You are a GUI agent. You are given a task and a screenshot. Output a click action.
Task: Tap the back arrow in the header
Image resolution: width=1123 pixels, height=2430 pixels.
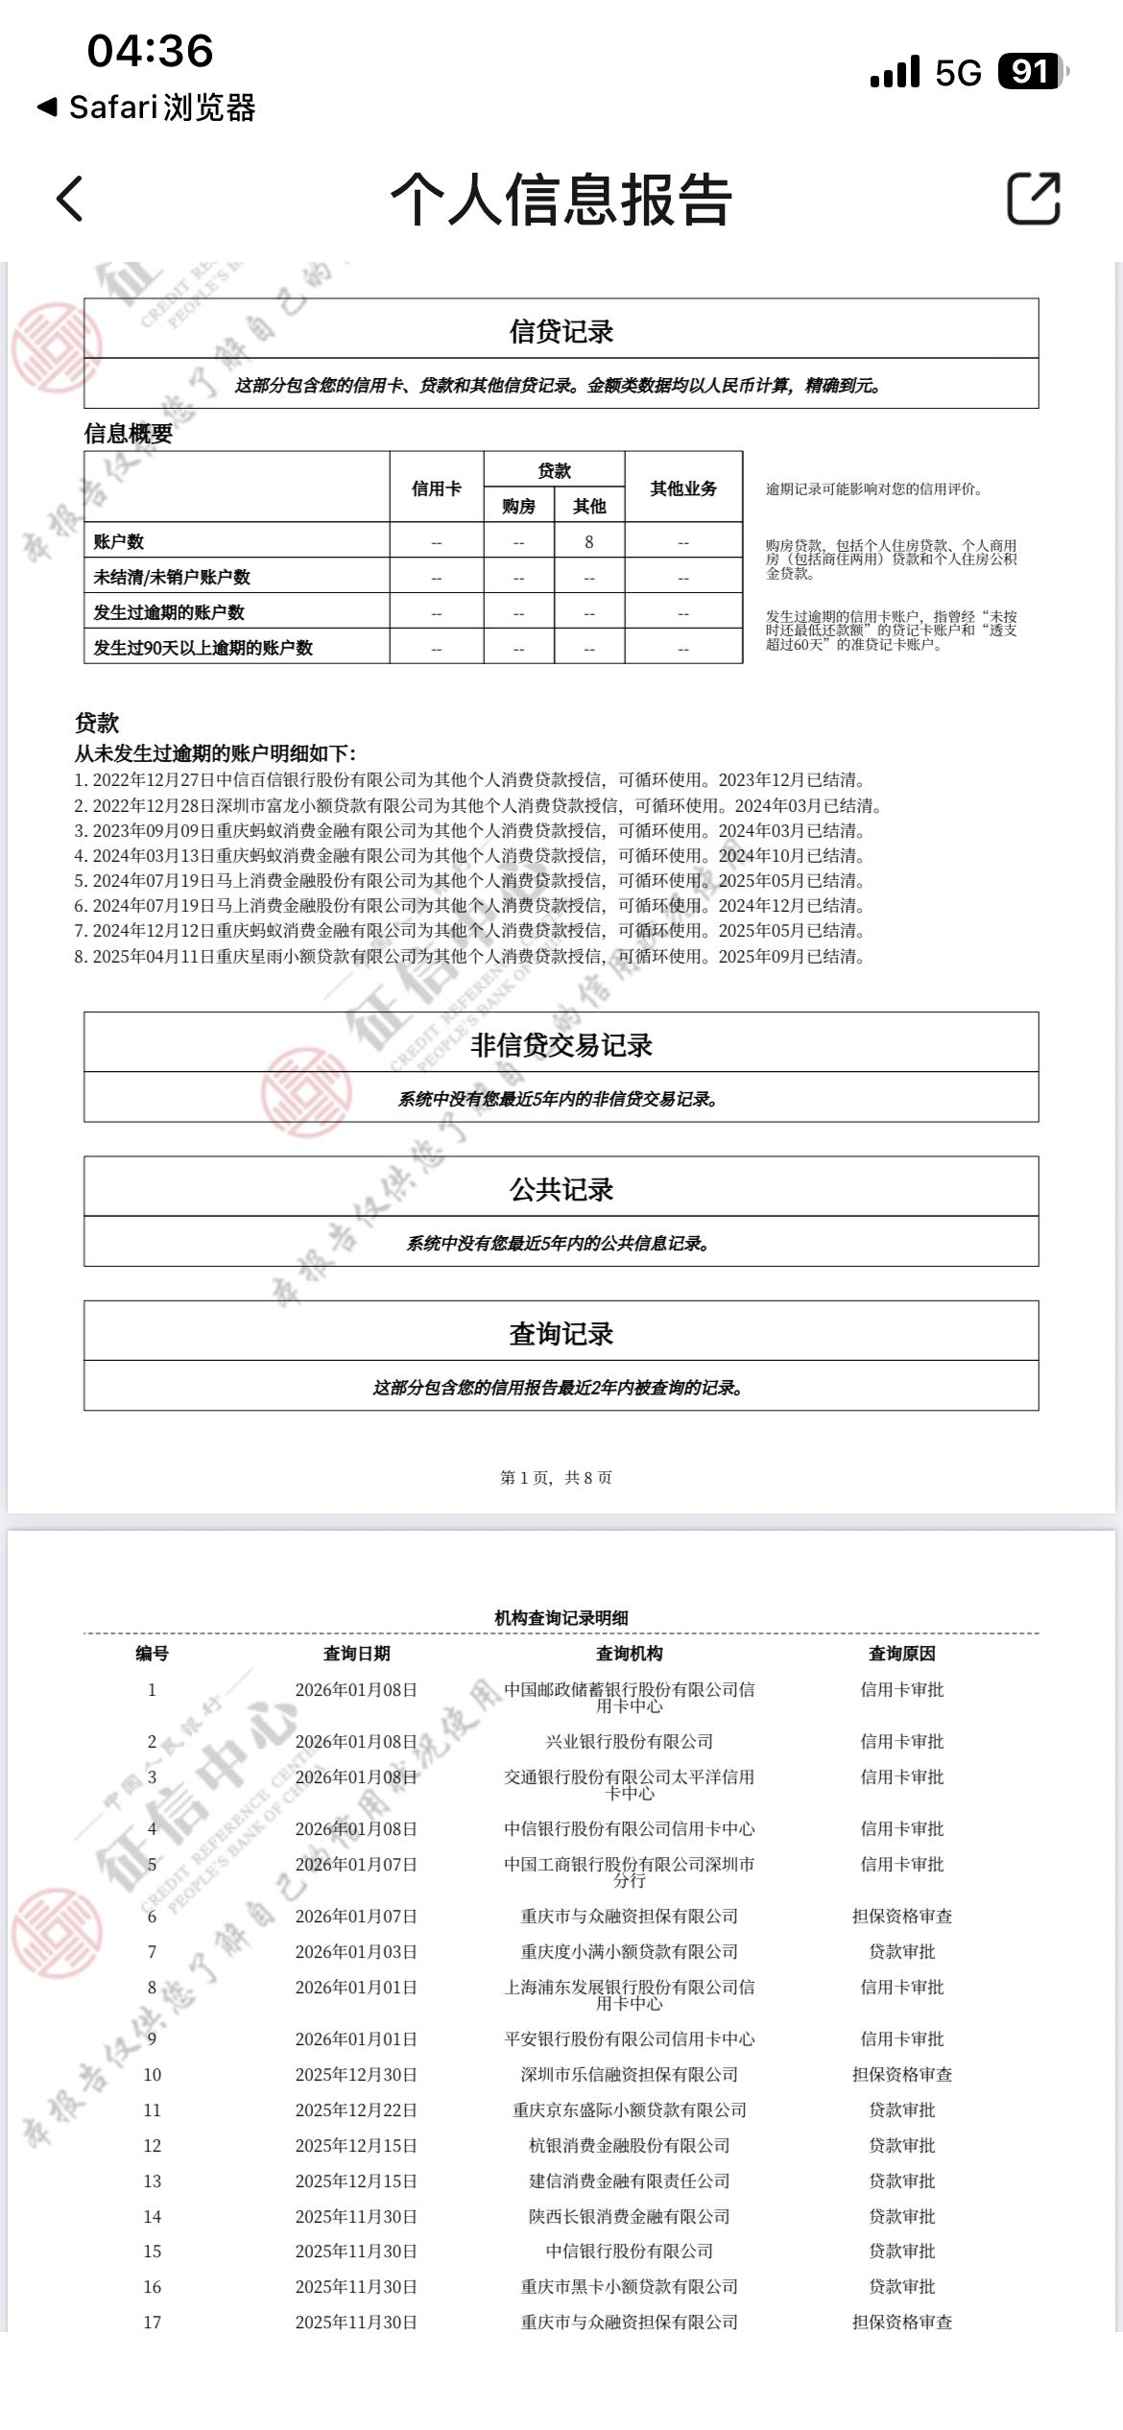pyautogui.click(x=70, y=199)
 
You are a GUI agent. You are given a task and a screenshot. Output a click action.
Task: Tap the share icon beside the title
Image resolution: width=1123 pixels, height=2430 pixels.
pyautogui.click(x=1033, y=199)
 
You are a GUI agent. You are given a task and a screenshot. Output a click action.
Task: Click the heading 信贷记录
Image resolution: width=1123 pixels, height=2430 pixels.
pyautogui.click(x=561, y=332)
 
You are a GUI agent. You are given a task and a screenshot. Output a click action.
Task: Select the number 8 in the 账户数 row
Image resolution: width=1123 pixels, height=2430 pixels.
pyautogui.click(x=589, y=542)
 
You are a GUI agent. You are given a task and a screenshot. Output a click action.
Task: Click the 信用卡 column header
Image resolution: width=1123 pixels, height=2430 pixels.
pyautogui.click(x=437, y=488)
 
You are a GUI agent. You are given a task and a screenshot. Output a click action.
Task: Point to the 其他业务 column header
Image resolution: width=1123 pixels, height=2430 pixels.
pyautogui.click(x=683, y=488)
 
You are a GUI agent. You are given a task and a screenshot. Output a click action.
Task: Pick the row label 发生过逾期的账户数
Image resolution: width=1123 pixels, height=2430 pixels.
pyautogui.click(x=169, y=612)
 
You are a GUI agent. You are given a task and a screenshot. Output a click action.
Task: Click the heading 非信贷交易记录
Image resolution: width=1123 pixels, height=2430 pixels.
pyautogui.click(x=561, y=1045)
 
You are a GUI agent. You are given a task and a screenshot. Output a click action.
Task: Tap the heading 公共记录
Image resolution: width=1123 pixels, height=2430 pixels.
pyautogui.click(x=561, y=1190)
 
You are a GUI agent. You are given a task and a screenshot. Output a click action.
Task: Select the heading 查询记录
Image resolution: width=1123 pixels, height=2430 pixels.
pyautogui.click(x=561, y=1334)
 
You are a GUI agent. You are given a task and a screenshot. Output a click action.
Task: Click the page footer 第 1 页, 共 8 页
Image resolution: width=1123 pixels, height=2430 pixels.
pyautogui.click(x=556, y=1478)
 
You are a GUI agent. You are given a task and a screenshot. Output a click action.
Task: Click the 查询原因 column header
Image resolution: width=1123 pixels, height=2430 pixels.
pyautogui.click(x=901, y=1654)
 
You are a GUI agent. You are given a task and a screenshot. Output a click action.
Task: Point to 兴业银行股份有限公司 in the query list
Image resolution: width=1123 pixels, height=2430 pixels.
pyautogui.click(x=629, y=1742)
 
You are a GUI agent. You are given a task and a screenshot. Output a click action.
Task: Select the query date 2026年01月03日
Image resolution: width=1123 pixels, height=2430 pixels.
pyautogui.click(x=356, y=1952)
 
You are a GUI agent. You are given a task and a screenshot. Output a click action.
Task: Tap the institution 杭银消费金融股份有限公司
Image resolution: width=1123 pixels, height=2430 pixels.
pyautogui.click(x=629, y=2146)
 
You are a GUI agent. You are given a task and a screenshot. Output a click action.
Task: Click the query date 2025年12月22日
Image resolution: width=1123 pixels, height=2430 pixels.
pyautogui.click(x=356, y=2110)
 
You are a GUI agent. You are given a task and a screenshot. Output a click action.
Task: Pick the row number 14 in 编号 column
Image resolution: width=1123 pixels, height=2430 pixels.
pyautogui.click(x=152, y=2217)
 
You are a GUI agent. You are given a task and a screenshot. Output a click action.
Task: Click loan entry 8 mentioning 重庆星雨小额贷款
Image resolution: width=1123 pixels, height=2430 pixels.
pyautogui.click(x=469, y=957)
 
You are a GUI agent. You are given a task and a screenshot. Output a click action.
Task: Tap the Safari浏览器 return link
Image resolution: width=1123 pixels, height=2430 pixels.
pyautogui.click(x=148, y=107)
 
